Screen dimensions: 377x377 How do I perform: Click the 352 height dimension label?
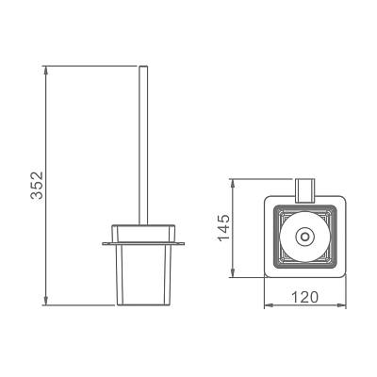click(x=37, y=186)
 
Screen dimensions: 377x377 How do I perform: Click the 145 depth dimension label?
click(x=224, y=227)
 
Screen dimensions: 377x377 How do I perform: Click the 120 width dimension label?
click(x=304, y=297)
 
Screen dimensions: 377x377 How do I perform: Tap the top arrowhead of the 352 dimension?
click(x=46, y=70)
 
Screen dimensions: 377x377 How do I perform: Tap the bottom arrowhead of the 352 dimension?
click(x=46, y=301)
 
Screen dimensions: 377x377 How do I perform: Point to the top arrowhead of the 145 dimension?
click(x=232, y=183)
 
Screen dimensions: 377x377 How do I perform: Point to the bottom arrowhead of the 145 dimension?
click(x=232, y=273)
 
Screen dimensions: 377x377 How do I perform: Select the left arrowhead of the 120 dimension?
click(x=268, y=304)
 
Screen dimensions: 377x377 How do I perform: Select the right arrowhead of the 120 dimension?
click(x=341, y=304)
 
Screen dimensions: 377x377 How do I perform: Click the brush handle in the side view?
click(x=143, y=145)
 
